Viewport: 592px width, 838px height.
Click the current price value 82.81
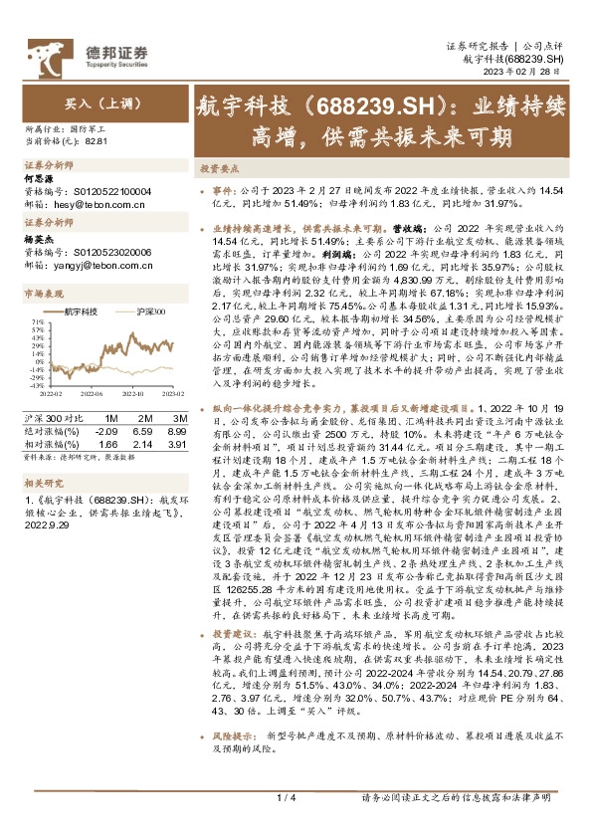point(97,141)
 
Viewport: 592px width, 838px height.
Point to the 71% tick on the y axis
point(37,322)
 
